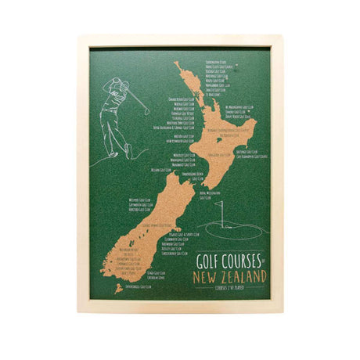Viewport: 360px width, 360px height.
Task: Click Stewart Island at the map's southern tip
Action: point(118,288)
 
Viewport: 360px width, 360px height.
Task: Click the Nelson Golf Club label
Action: point(160,168)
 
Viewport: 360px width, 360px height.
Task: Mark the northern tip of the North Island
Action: point(178,63)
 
